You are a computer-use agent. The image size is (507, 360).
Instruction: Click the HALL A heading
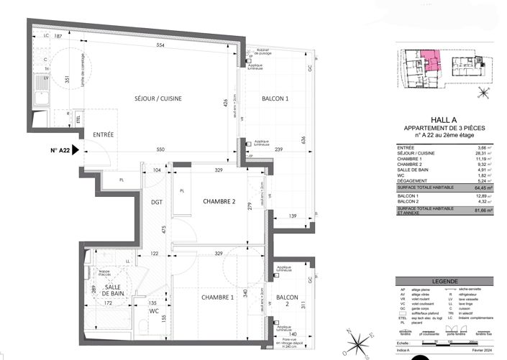click(444, 121)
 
